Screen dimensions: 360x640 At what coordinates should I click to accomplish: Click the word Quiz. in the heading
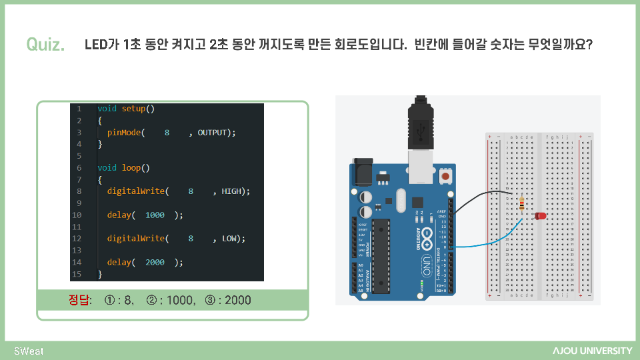[45, 45]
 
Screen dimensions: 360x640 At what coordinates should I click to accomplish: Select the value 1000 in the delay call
[155, 215]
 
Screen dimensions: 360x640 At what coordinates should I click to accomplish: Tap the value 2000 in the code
[155, 262]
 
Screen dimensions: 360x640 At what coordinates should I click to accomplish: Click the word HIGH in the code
[231, 191]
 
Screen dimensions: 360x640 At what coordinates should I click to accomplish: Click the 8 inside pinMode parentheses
[167, 133]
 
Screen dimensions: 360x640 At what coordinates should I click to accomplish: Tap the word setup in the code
[133, 109]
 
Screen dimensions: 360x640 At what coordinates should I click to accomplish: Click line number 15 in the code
[77, 274]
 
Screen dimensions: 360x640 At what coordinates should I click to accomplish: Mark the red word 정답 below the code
[81, 300]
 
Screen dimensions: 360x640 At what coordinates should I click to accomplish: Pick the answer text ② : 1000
[171, 300]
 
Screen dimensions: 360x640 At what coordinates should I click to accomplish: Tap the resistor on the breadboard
[521, 203]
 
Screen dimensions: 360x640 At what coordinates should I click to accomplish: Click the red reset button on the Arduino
[445, 177]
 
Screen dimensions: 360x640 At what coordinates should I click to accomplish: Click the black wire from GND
[480, 197]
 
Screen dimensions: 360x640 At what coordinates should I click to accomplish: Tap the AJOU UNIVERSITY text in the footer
[592, 351]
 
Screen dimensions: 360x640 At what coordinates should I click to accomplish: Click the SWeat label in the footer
[29, 351]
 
